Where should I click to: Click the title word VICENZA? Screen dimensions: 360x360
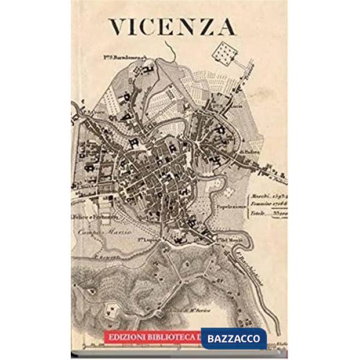coord(172,26)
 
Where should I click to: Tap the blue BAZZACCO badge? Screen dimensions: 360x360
coord(233,338)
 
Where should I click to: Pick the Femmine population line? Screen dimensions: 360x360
coord(268,205)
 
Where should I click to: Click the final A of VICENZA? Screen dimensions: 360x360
coord(226,27)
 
